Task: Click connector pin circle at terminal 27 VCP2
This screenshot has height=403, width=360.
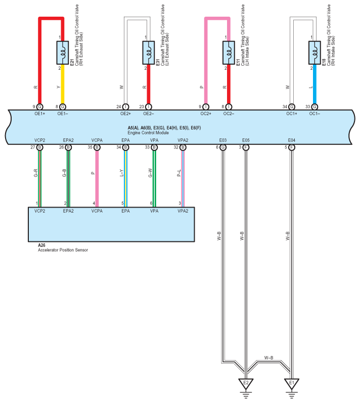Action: [x=39, y=147]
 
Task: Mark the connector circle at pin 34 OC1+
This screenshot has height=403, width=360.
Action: [x=292, y=107]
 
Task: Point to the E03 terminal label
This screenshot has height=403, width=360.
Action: [x=223, y=140]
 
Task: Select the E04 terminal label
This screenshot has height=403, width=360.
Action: [x=292, y=140]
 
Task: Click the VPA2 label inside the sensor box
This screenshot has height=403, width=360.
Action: [x=183, y=211]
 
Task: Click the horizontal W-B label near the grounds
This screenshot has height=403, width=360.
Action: [x=269, y=358]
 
